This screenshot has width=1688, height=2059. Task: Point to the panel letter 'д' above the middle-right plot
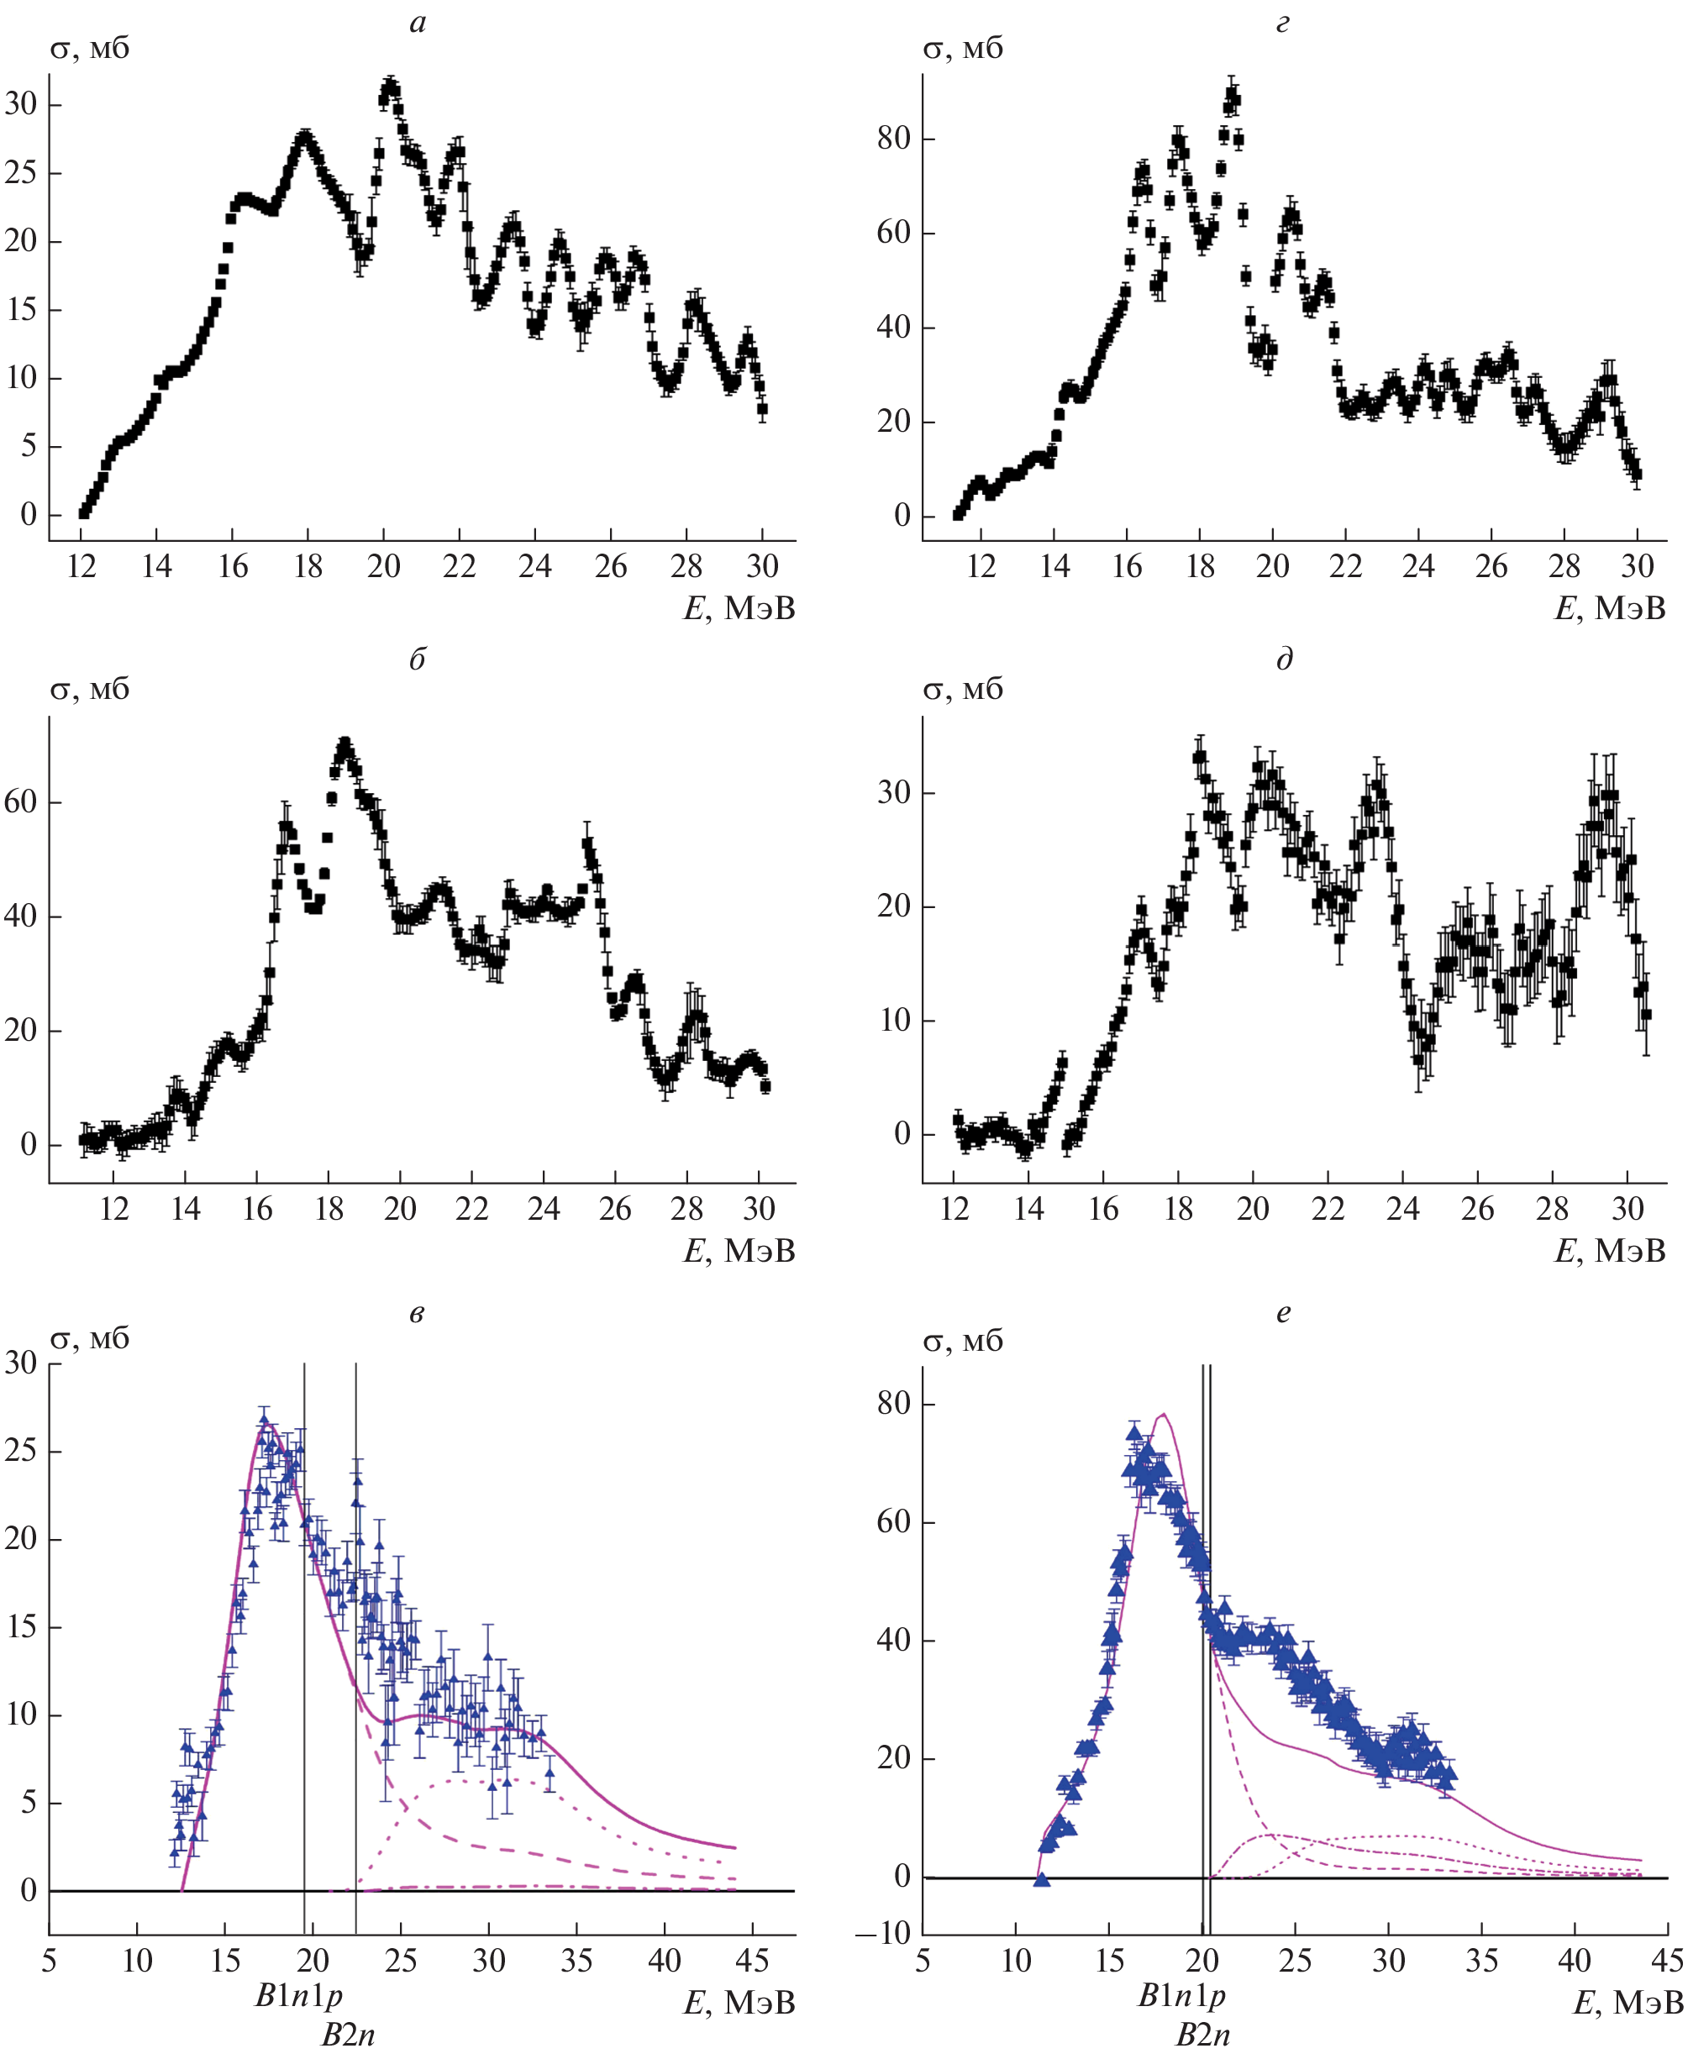click(1285, 660)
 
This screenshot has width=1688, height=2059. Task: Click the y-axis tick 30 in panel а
click(20, 104)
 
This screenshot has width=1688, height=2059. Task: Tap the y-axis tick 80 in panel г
click(892, 139)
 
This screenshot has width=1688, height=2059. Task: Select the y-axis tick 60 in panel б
click(20, 802)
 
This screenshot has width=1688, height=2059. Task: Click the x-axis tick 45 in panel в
click(752, 1960)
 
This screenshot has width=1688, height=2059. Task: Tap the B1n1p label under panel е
click(1181, 1996)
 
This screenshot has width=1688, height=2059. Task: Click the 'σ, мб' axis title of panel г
click(962, 48)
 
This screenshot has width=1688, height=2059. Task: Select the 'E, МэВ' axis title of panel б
click(739, 1251)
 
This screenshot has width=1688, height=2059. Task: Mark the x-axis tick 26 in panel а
click(611, 567)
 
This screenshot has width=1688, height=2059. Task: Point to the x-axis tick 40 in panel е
click(1575, 1960)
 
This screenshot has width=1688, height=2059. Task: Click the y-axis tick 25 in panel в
click(20, 1451)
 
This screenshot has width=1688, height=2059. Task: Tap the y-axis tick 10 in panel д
click(892, 1021)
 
